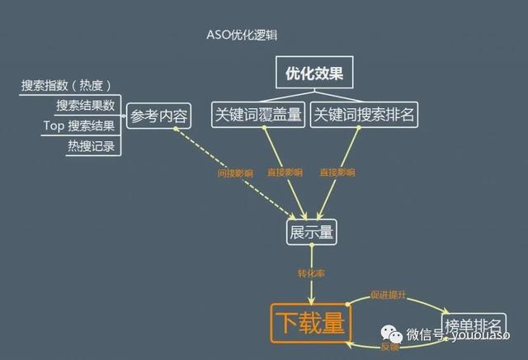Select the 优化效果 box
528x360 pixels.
pos(309,73)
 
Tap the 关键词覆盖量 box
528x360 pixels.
pos(257,114)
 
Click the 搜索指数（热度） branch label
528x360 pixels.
pos(66,85)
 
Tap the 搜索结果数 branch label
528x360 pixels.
pos(84,106)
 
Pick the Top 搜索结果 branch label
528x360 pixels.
pos(78,126)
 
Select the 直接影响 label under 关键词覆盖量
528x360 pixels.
pos(284,173)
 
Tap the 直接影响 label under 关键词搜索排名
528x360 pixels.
pos(337,173)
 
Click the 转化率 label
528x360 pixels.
pos(311,272)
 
